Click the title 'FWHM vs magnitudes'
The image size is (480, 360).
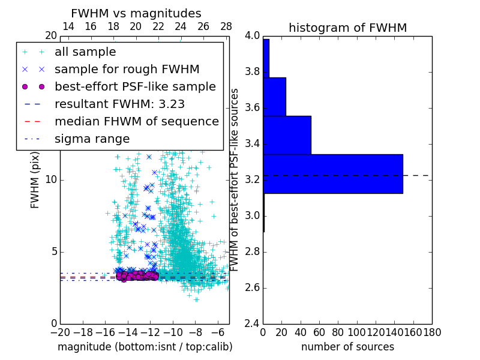click(136, 14)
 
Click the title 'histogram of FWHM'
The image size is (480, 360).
click(347, 28)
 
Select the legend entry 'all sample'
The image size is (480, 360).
click(85, 52)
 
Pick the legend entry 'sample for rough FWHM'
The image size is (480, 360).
click(127, 70)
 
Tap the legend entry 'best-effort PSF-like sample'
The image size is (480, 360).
click(135, 87)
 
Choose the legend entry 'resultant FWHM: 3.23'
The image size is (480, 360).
click(119, 104)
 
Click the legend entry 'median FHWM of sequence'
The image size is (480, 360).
click(136, 122)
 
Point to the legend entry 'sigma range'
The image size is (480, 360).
click(92, 139)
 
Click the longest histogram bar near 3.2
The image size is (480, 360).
click(332, 174)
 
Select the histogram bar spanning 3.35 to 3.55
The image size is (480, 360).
click(287, 135)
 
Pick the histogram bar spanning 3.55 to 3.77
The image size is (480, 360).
click(274, 97)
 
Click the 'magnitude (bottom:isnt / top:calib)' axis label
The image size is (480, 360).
click(145, 347)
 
